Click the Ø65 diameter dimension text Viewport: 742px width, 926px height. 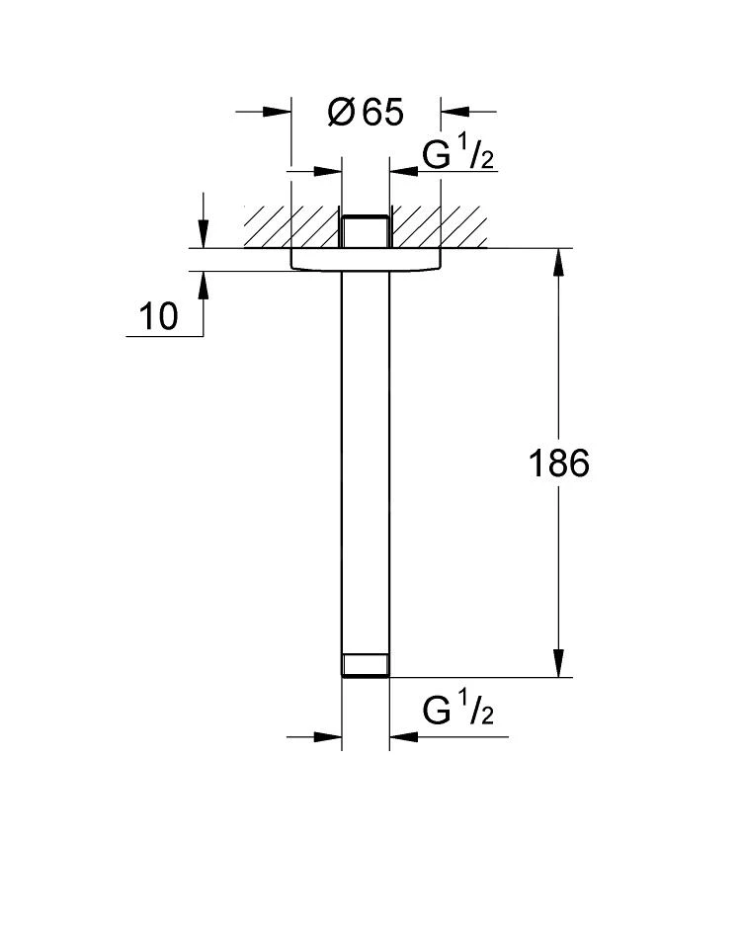[366, 113]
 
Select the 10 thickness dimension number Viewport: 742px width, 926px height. [158, 316]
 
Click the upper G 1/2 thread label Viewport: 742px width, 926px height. [458, 152]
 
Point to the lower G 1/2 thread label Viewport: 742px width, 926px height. [458, 708]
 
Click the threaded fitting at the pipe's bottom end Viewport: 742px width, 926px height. [366, 665]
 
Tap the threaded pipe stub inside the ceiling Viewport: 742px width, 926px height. [366, 231]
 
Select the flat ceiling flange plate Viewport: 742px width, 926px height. [366, 260]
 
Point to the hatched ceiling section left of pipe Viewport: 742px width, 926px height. [291, 226]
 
